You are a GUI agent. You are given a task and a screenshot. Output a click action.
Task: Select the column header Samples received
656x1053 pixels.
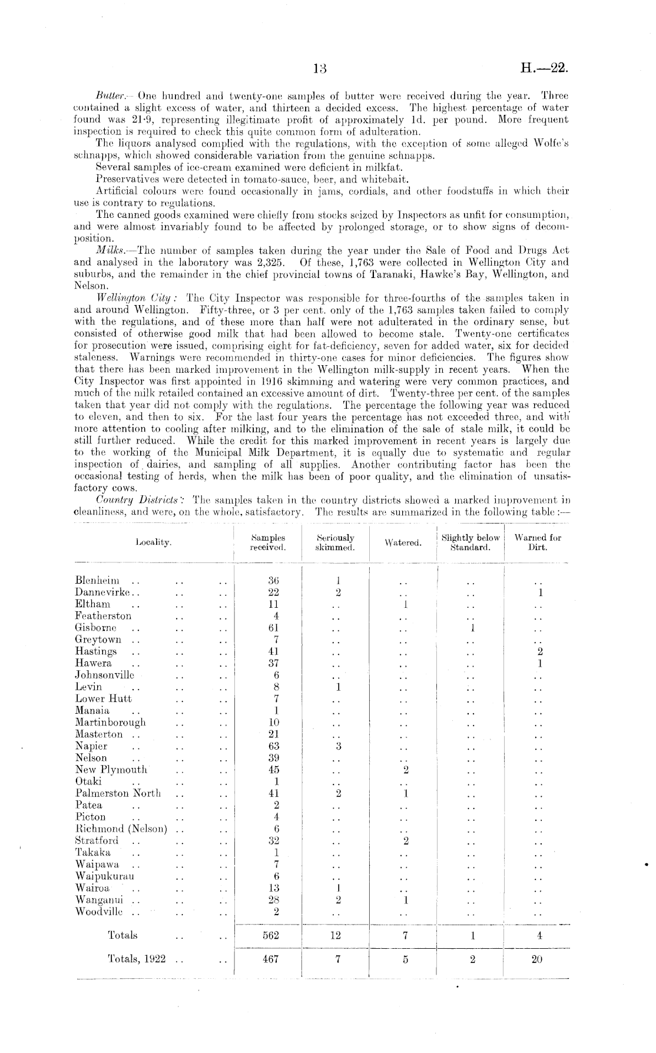coord(268,542)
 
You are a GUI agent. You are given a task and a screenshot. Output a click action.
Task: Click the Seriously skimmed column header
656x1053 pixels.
coord(335,542)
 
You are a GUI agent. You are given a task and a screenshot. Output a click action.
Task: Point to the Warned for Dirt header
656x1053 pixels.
coord(538,542)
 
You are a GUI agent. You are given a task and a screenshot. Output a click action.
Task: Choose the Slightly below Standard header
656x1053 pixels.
coord(471,542)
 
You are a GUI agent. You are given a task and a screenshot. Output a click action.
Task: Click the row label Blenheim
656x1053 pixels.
coord(97,581)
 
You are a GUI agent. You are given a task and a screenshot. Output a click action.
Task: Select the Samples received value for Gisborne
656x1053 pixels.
coord(273,628)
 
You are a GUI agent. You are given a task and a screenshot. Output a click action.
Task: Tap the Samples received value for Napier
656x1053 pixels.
coord(273,746)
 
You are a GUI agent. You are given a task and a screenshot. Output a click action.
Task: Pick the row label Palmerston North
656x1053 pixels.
coord(118,793)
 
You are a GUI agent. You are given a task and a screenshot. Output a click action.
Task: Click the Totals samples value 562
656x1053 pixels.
coord(271,935)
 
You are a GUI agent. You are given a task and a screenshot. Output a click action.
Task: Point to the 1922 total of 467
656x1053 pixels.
coord(271,959)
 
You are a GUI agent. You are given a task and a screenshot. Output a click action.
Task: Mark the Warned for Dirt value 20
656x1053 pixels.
coord(536,959)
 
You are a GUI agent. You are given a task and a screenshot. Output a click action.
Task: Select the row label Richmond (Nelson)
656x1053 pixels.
coord(121,829)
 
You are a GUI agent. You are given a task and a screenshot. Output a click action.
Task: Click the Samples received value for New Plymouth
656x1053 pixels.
coord(273,770)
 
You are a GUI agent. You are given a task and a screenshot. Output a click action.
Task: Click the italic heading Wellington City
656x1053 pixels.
coord(124,297)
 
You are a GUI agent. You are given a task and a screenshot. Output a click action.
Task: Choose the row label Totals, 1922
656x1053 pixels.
coord(137,959)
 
